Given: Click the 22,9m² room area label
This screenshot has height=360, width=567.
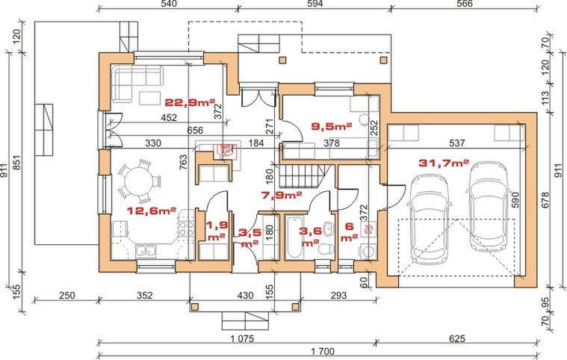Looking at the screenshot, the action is (190, 102).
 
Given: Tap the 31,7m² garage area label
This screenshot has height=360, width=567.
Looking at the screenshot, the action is (444, 163).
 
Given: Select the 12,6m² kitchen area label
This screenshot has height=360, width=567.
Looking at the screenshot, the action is (151, 211).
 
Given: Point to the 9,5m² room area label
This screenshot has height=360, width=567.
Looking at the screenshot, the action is (332, 126).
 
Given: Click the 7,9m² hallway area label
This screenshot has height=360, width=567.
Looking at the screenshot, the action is (282, 196).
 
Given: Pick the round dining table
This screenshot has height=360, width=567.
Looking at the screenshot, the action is (140, 181).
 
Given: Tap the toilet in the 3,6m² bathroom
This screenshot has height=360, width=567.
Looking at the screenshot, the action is (326, 249).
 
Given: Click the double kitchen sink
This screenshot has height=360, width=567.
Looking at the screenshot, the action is (146, 250).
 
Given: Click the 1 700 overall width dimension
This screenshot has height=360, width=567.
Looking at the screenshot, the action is (323, 351).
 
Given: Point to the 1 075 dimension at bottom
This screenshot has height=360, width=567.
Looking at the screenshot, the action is (242, 338).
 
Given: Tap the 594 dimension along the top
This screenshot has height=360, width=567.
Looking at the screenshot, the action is (315, 4).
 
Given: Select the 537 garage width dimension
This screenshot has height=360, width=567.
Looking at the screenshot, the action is (456, 143).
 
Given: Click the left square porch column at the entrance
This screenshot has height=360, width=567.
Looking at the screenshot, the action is (195, 307).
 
